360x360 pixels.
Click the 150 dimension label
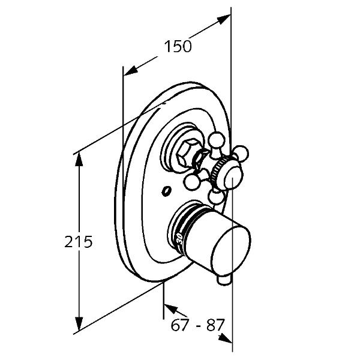tap(178, 46)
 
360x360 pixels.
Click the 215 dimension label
tap(78, 242)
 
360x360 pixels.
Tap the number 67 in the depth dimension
tap(180, 325)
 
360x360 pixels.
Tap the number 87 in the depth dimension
tap(215, 325)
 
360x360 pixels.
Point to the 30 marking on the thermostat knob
tap(180, 239)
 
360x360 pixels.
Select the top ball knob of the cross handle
tap(216, 140)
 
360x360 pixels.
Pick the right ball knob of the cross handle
tap(241, 154)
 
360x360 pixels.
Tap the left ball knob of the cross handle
tap(191, 182)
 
